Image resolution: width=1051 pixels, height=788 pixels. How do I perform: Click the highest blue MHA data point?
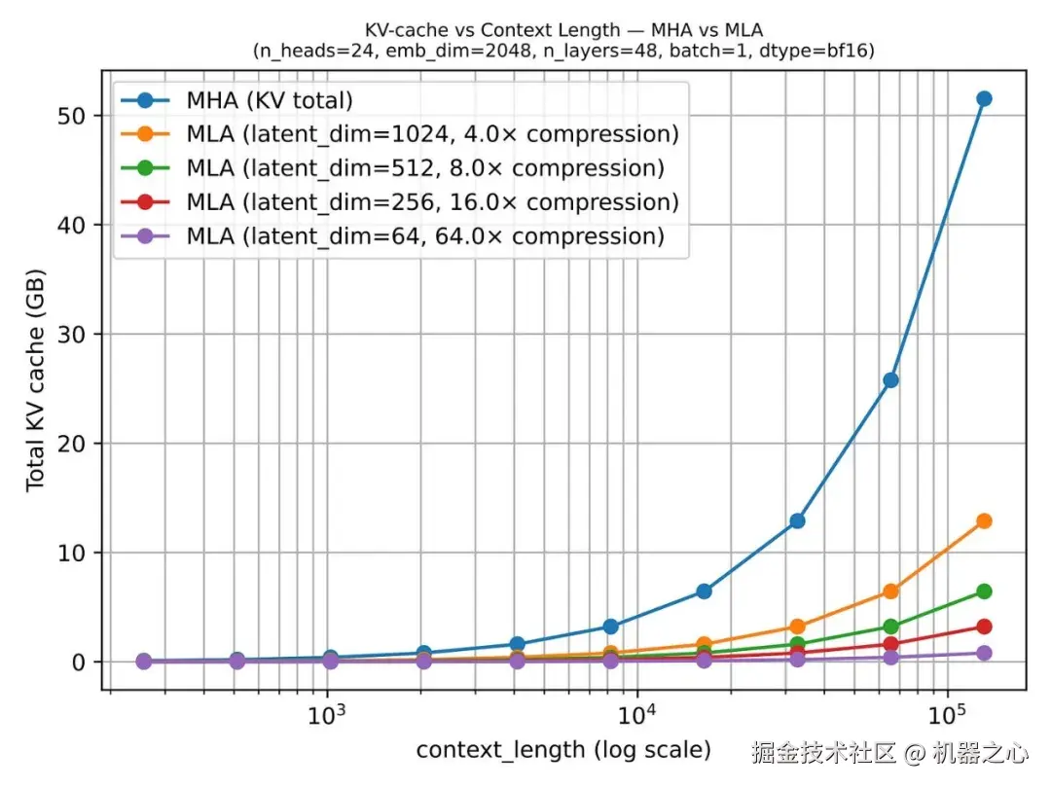(x=983, y=98)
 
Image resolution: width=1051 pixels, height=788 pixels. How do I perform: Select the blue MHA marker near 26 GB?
(x=890, y=379)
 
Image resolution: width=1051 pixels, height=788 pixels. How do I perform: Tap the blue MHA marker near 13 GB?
(x=797, y=520)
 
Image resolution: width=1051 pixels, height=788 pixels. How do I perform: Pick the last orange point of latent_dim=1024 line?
(x=983, y=520)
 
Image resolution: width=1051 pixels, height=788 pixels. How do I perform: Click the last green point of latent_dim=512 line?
(x=983, y=591)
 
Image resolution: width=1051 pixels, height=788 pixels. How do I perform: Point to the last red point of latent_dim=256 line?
(x=983, y=627)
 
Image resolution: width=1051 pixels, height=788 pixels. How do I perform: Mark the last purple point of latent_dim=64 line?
(x=983, y=653)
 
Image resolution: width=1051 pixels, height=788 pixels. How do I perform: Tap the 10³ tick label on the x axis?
(x=327, y=718)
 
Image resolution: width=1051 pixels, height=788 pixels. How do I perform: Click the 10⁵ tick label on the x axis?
(x=946, y=718)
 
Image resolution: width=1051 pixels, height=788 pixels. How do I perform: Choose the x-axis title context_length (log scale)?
(x=563, y=750)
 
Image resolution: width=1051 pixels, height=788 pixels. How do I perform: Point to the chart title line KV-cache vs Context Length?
(x=563, y=31)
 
